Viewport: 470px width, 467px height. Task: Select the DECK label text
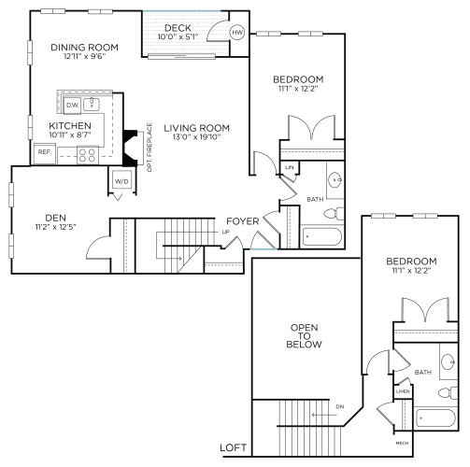(x=178, y=27)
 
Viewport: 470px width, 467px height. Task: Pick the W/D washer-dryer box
(x=121, y=181)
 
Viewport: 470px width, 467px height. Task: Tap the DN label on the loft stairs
(x=338, y=406)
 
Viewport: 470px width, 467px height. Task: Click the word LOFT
(x=233, y=447)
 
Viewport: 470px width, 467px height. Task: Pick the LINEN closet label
(x=403, y=390)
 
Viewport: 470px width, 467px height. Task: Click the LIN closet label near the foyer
(x=290, y=167)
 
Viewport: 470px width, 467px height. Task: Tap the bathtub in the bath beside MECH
(x=435, y=417)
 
